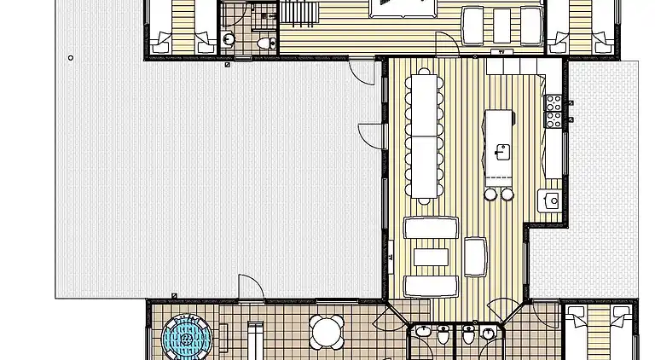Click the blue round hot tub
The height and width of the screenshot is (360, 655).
[x=187, y=339]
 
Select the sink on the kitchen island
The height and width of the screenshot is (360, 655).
[x=502, y=153]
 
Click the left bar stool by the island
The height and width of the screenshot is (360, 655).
[x=491, y=195]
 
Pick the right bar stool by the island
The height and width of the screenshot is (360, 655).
[x=507, y=195]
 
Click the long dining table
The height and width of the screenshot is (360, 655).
[x=423, y=136]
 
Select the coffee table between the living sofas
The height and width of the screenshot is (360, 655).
[x=431, y=256]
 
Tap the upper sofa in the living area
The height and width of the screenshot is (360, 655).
[x=431, y=228]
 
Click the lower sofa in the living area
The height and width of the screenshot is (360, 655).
[x=431, y=286]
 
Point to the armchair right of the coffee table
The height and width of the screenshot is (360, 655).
[x=475, y=256]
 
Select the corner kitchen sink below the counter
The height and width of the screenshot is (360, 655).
[x=552, y=201]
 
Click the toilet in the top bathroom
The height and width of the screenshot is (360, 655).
[x=265, y=41]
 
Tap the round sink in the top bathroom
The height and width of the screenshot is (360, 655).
[x=229, y=38]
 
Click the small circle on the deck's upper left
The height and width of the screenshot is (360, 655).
[x=71, y=58]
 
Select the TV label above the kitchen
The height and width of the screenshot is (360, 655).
[x=507, y=52]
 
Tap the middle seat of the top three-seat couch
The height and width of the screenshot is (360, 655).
[x=501, y=24]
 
